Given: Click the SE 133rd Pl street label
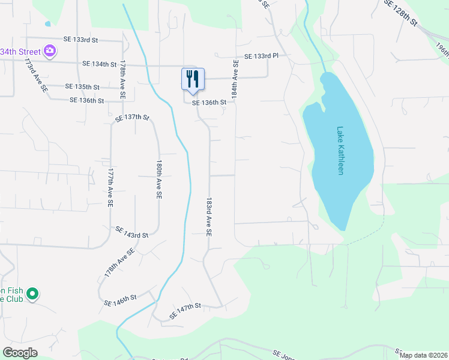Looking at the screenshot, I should pos(261,56).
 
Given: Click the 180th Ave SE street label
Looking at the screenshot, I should pos(159,179).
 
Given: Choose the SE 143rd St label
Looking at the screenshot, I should pos(131,232).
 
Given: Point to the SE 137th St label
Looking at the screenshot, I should pos(131,118).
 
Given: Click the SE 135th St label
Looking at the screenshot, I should pos(82,87).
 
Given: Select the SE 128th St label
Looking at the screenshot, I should pos(400,11).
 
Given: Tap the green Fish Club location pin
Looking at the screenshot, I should pos(34,294).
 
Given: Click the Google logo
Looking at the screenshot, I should pos(20,352).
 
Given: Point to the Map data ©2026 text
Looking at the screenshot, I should pos(423,355).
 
